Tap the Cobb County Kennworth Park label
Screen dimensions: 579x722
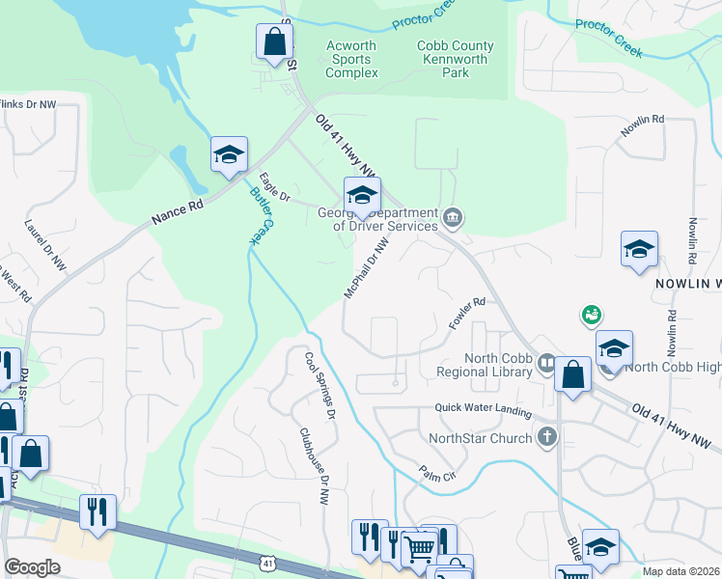(456, 59)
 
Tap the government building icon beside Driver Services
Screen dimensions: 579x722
(454, 218)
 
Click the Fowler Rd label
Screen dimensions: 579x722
(465, 315)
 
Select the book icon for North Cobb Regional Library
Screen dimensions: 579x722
(547, 364)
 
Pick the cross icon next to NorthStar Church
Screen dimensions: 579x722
(547, 437)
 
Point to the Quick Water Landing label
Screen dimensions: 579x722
(483, 411)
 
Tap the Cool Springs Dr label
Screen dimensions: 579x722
(319, 385)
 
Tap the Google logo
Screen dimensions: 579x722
(32, 567)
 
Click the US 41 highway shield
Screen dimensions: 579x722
(267, 562)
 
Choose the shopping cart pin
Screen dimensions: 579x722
(418, 548)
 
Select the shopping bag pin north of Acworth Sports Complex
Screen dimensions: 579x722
(274, 42)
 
